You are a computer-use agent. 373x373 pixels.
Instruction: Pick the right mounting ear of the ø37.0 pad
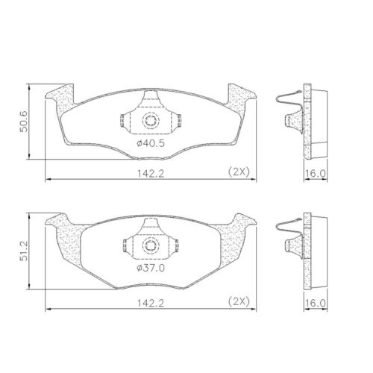(242, 222)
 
